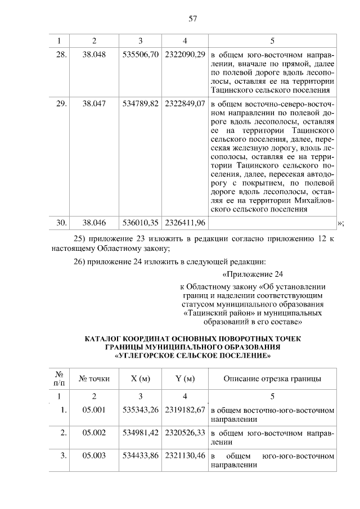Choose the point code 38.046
(94, 223)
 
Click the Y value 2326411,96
(185, 223)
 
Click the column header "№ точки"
(94, 379)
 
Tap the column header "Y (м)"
(185, 379)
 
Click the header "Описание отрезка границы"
(272, 379)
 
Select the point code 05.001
(94, 410)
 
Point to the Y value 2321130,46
(185, 456)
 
